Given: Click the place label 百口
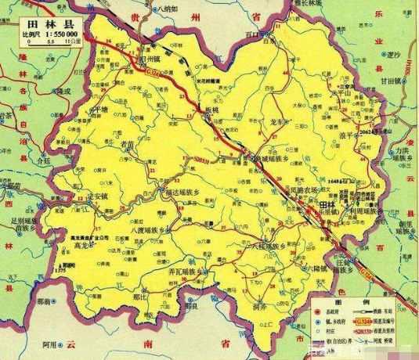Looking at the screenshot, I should [251, 35].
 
